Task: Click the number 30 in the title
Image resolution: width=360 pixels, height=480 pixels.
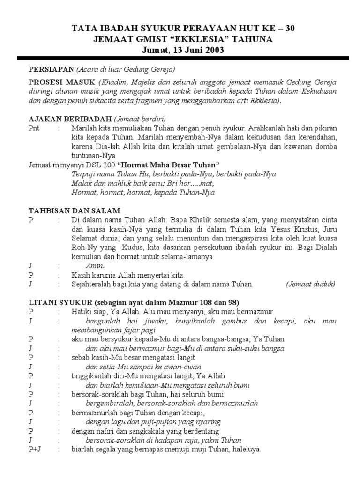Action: pyautogui.click(x=290, y=29)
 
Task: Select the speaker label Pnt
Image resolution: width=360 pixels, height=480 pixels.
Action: pyautogui.click(x=34, y=128)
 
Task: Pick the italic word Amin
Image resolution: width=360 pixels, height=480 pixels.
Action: pyautogui.click(x=95, y=266)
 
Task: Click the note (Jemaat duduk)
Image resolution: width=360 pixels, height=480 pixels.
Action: pyautogui.click(x=311, y=284)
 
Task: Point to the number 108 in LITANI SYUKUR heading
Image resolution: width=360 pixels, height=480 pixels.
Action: pyautogui.click(x=197, y=302)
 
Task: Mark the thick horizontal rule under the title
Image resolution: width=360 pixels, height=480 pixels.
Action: pyautogui.click(x=183, y=58)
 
